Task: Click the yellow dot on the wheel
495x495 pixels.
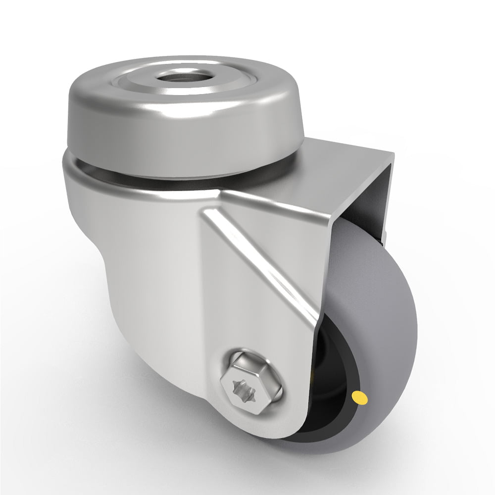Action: point(360,396)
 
